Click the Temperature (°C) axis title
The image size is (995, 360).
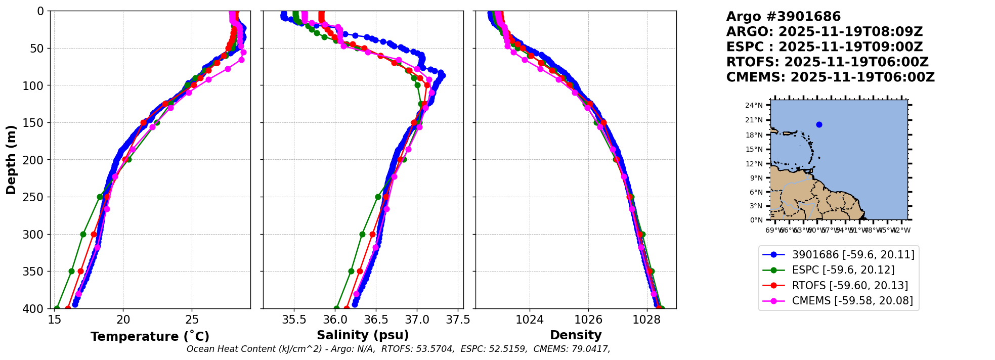pyautogui.click(x=150, y=337)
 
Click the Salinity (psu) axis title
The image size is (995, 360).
pyautogui.click(x=363, y=335)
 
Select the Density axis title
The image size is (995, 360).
pyautogui.click(x=576, y=335)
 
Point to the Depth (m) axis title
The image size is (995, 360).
pyautogui.click(x=11, y=160)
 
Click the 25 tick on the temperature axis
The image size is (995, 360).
pyautogui.click(x=192, y=320)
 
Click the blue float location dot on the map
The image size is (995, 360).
pyautogui.click(x=819, y=124)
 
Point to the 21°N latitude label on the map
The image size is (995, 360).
pyautogui.click(x=754, y=120)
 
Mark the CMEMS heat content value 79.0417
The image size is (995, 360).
pyautogui.click(x=589, y=349)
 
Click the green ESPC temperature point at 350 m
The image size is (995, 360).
pyautogui.click(x=71, y=271)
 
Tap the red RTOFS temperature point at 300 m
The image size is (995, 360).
pyautogui.click(x=94, y=234)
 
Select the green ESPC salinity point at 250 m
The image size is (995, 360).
pyautogui.click(x=378, y=197)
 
